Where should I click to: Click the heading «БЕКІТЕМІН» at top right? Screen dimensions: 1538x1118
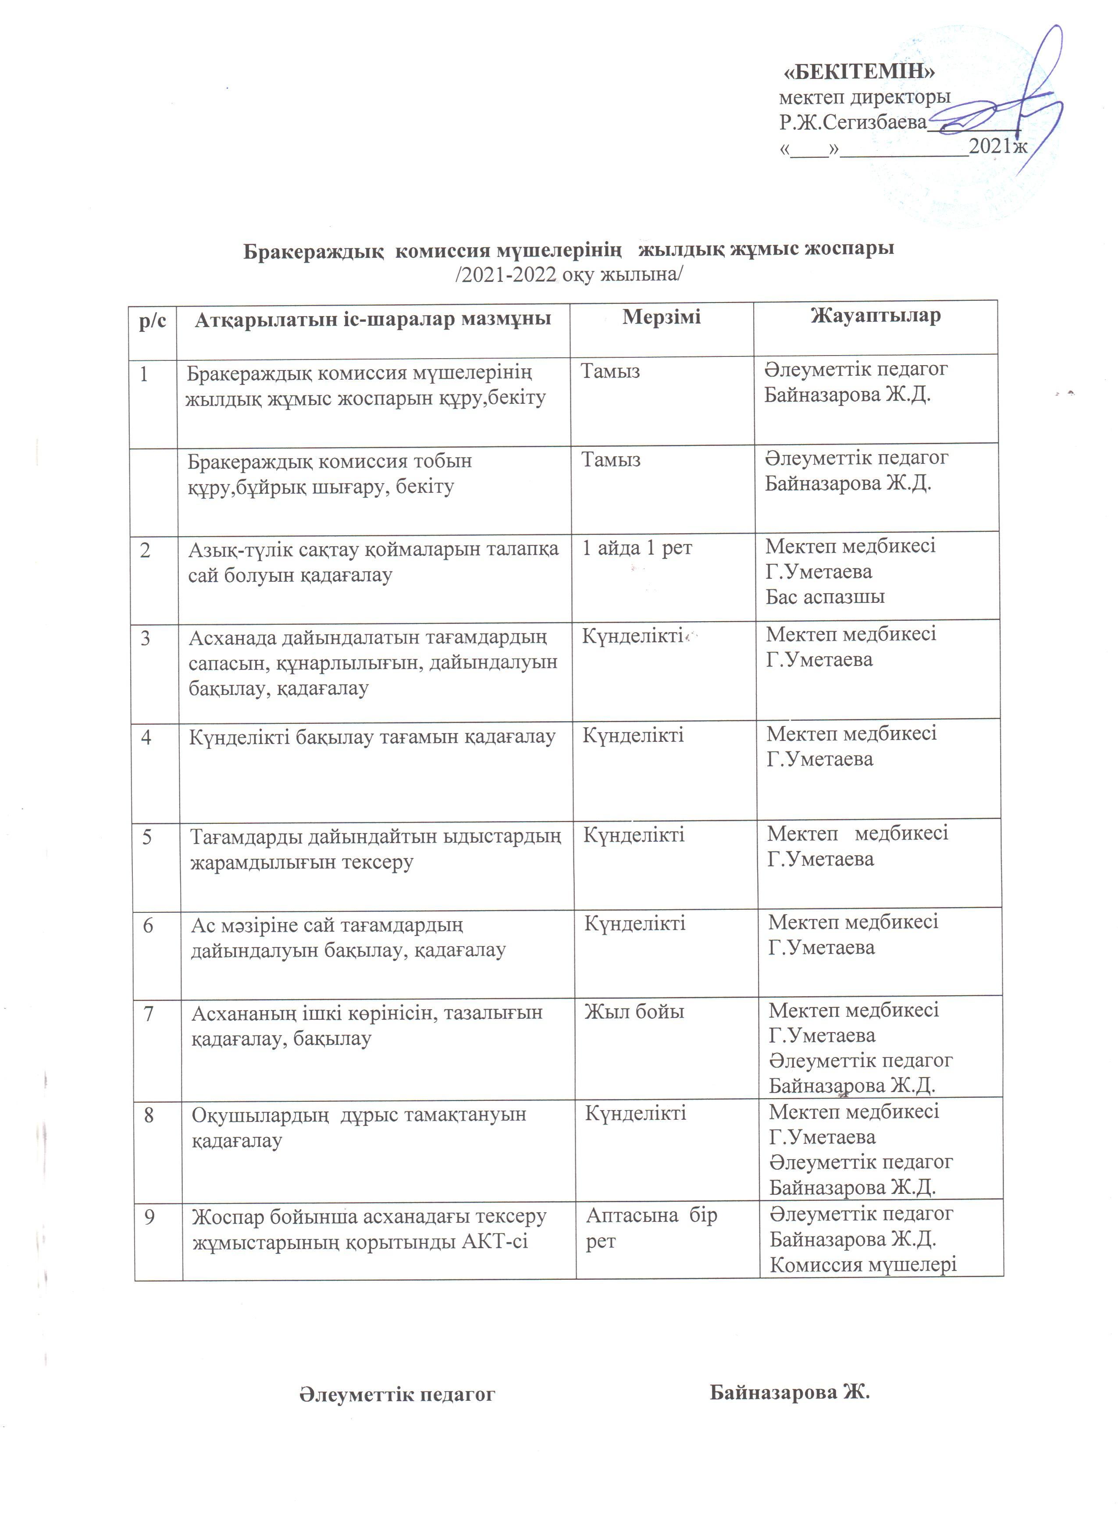point(859,71)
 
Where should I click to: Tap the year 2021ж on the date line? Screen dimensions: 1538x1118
point(998,146)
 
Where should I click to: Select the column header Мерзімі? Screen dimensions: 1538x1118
point(661,317)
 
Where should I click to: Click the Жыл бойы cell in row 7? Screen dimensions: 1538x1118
point(634,1012)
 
